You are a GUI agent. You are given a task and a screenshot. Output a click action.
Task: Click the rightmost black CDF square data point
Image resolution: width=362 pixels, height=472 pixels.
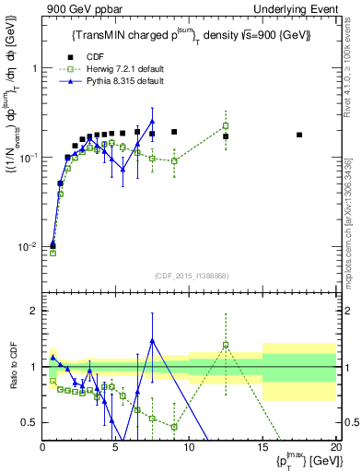coord(299,135)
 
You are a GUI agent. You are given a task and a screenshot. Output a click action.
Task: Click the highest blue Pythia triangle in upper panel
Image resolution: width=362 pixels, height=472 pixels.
coord(152,121)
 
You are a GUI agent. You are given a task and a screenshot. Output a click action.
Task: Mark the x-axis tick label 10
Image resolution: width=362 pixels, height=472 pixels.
coord(189,449)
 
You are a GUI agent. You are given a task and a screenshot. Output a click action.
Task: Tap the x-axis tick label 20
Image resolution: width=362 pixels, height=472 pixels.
coord(335,449)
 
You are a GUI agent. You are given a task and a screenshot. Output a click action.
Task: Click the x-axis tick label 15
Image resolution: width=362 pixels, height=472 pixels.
coord(263,449)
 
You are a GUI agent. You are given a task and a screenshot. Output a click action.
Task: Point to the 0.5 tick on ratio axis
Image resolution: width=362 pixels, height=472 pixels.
coord(32,422)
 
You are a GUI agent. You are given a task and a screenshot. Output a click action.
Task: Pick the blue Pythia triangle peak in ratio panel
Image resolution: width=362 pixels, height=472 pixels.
coord(152,341)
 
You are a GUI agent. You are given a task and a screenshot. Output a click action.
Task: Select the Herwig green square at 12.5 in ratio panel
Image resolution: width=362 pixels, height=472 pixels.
coord(226,346)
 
